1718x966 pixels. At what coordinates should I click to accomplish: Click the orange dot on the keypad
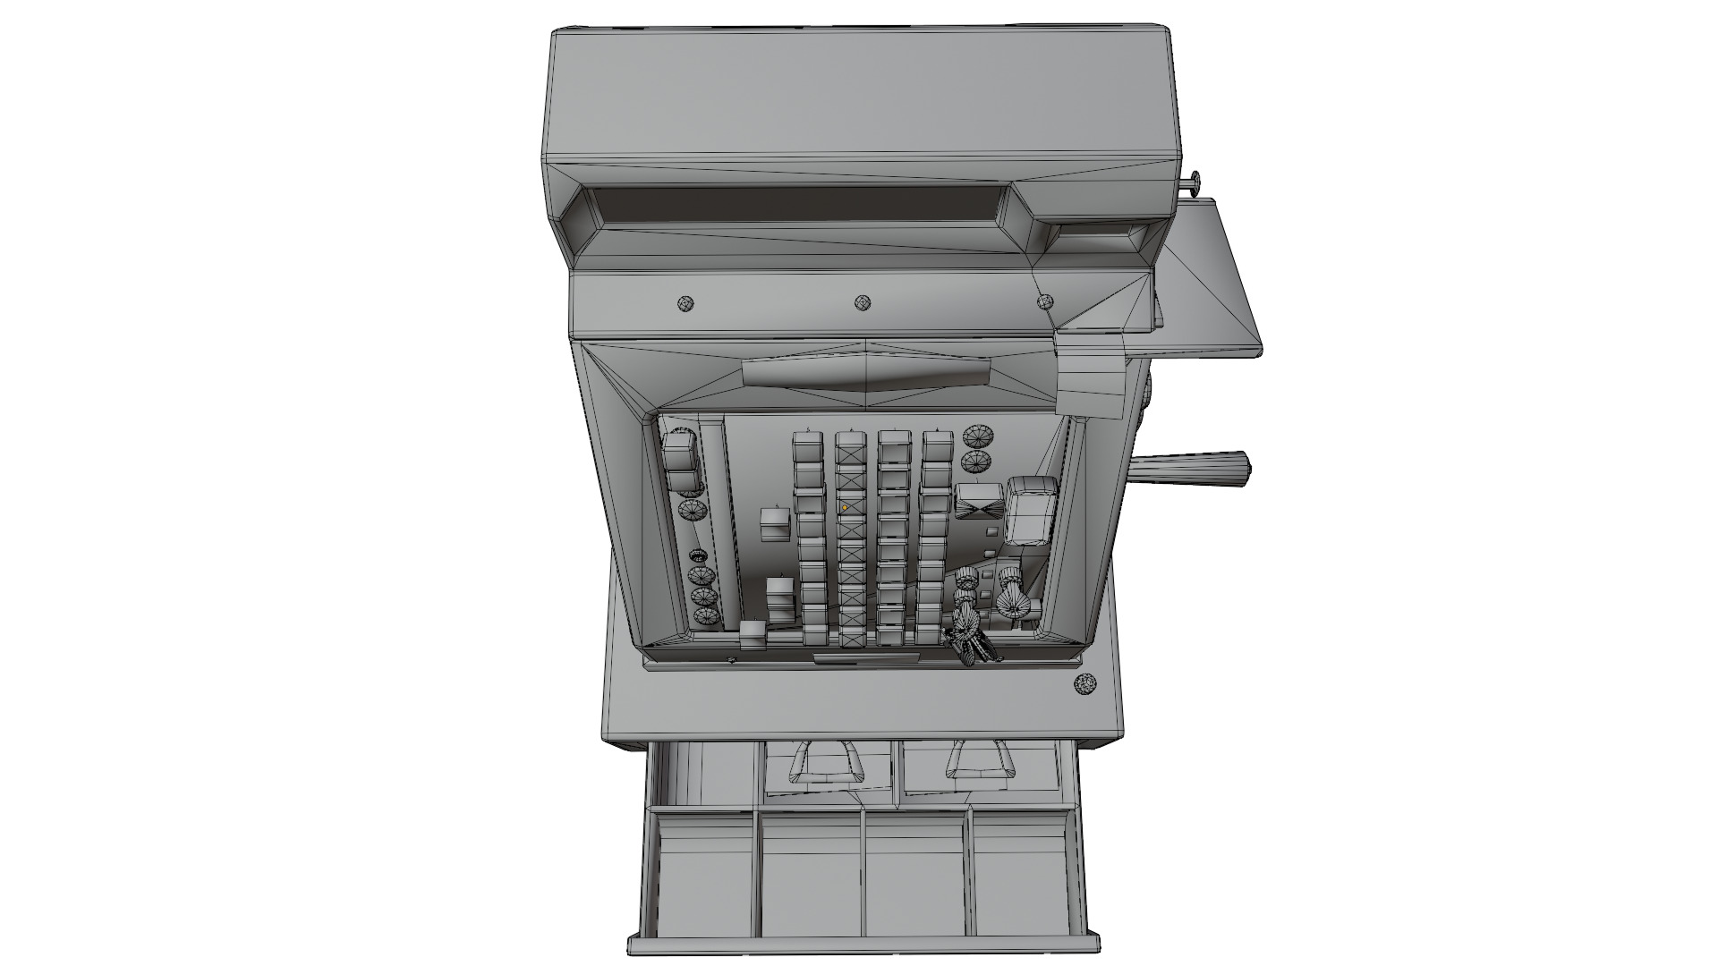click(845, 507)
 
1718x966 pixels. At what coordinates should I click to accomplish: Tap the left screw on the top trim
click(686, 303)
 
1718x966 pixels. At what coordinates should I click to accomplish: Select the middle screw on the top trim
click(863, 302)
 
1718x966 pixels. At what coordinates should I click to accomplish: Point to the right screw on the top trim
click(1045, 301)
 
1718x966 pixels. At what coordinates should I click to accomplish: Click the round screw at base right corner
click(1084, 684)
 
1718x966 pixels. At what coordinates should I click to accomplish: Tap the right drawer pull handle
click(981, 762)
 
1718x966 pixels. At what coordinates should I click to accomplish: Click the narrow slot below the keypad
click(866, 659)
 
